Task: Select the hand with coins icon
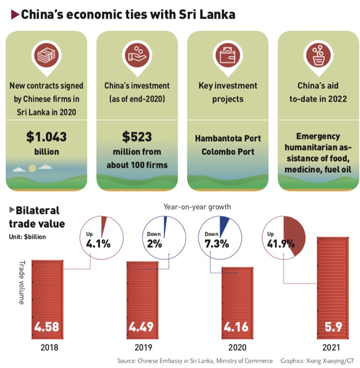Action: coord(137,55)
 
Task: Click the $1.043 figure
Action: coord(46,137)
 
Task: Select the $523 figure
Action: coord(137,137)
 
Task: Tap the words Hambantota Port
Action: coord(228,138)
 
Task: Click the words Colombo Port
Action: coord(228,151)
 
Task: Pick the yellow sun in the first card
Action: coord(32,168)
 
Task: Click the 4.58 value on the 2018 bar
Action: coord(47,327)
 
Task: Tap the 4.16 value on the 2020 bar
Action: coord(236,327)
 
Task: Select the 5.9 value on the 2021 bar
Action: coord(333,327)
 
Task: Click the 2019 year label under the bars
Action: coord(143,347)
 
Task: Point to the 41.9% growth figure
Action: coord(281,244)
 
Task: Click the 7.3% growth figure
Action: coord(217,244)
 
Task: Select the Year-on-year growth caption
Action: coord(197,207)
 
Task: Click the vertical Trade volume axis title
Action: coord(22,282)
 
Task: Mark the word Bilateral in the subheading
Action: coord(37,210)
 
